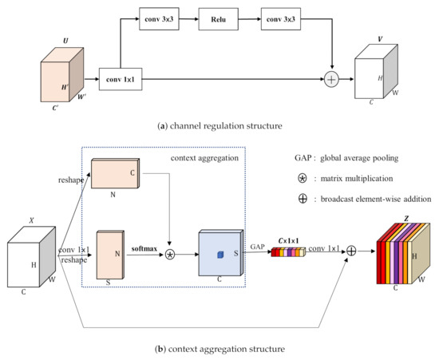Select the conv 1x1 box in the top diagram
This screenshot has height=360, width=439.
tap(120, 79)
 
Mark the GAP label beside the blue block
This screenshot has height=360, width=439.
tap(257, 247)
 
